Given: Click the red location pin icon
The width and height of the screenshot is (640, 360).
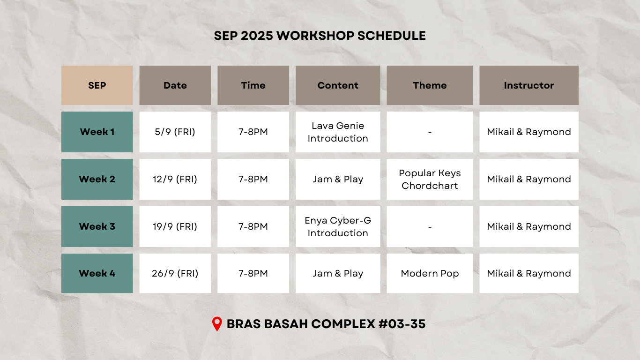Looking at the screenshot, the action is [x=217, y=324].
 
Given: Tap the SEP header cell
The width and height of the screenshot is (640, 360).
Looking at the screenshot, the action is [x=97, y=85].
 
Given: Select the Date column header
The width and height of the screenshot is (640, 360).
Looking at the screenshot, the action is [x=175, y=85].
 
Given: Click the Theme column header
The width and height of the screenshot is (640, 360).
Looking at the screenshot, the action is [x=430, y=85].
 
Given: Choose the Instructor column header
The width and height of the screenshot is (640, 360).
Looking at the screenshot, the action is [x=529, y=85].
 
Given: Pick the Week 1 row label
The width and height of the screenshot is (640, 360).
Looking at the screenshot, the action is [x=97, y=132].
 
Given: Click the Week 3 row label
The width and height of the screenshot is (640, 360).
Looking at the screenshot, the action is [x=97, y=226].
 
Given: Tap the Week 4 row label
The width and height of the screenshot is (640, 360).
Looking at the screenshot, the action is [x=97, y=273].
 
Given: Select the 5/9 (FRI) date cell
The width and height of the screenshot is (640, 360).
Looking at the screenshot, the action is [x=175, y=132].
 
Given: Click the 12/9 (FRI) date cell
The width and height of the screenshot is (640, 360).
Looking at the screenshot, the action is [x=175, y=179].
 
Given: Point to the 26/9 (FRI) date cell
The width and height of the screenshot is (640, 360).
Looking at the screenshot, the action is [x=175, y=273].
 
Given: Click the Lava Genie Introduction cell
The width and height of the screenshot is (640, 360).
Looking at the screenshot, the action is [x=338, y=132].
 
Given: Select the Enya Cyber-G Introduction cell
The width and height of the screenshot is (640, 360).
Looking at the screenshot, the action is [x=338, y=226].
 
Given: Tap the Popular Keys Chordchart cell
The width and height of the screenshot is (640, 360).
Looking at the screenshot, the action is [x=430, y=179].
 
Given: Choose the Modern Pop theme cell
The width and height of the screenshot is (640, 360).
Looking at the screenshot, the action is [x=430, y=273].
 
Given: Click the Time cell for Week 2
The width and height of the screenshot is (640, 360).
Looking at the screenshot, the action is [x=253, y=179].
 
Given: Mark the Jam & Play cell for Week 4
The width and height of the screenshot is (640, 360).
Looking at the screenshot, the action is [x=338, y=273].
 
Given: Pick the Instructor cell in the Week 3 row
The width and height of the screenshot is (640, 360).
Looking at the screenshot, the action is [x=529, y=226].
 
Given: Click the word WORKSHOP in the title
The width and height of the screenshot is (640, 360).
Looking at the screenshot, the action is [x=315, y=36].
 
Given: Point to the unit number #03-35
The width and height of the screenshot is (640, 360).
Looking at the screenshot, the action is [x=402, y=324].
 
